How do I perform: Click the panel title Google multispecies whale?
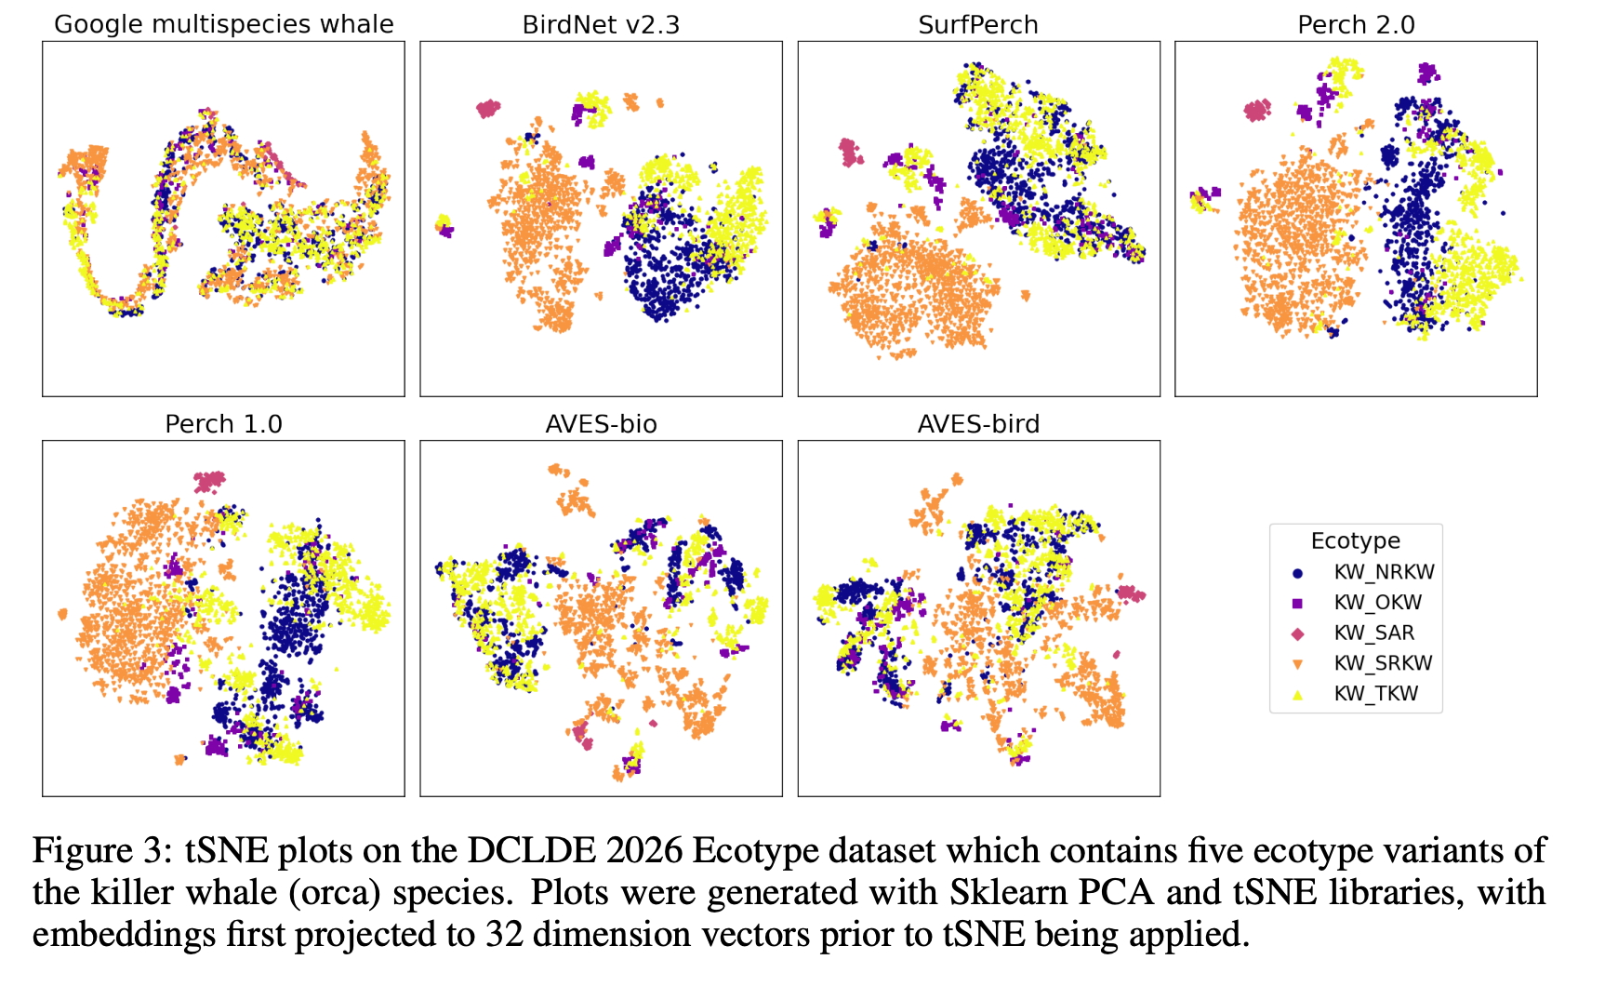coord(223,24)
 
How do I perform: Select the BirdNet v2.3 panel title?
coord(601,24)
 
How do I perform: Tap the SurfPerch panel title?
coord(978,24)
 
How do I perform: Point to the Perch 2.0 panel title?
coord(1356,24)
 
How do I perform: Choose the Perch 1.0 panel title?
coord(223,424)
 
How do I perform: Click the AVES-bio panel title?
coord(601,424)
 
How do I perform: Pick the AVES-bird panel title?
coord(978,424)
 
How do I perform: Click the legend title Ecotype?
coord(1355,540)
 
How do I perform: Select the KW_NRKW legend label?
coord(1384,572)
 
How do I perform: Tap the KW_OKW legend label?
coord(1377,603)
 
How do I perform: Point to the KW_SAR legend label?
coord(1373,633)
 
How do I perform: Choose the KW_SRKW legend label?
coord(1383,663)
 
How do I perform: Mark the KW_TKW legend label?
coord(1376,694)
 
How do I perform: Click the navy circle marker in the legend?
coord(1297,573)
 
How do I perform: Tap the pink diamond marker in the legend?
coord(1297,633)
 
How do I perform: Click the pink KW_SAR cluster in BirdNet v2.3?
coord(487,109)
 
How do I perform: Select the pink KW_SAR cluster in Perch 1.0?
coord(209,481)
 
